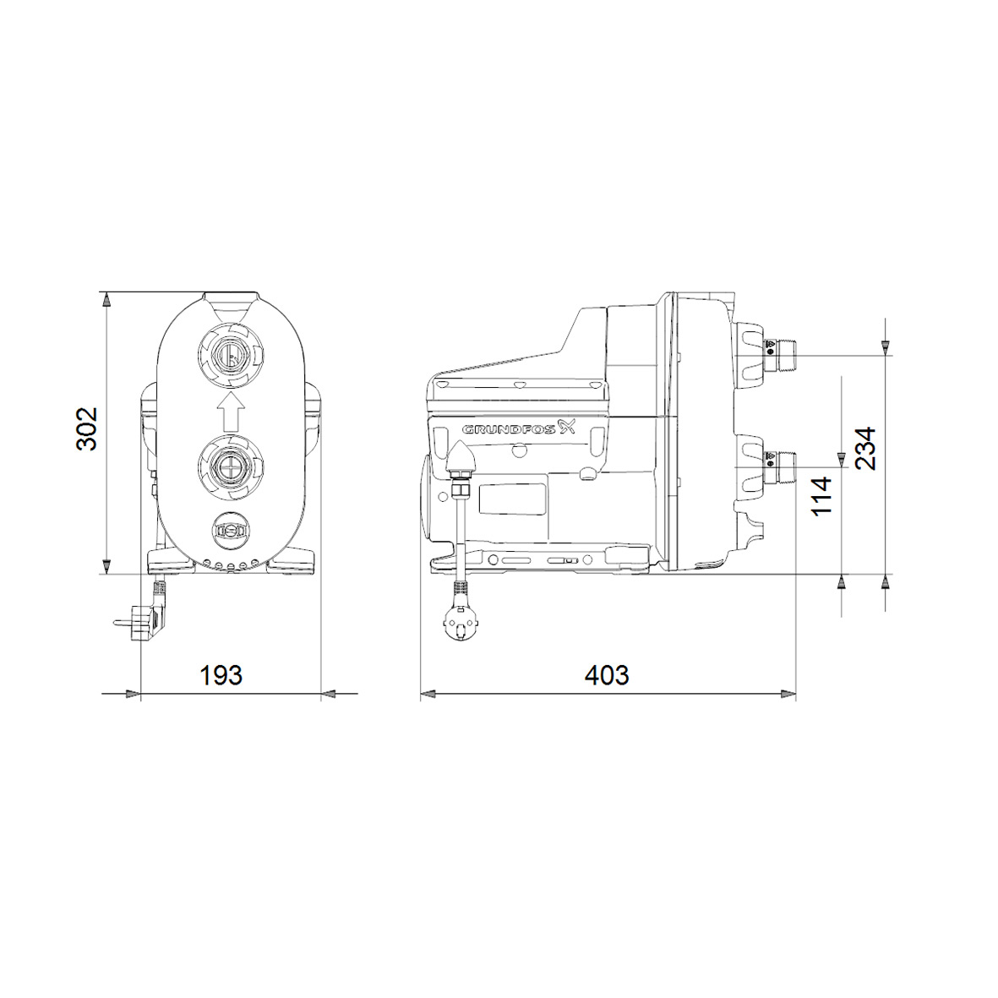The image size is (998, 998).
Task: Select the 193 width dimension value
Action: point(221,675)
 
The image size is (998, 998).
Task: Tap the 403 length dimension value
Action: point(607,675)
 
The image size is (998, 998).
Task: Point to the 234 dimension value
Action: point(864,448)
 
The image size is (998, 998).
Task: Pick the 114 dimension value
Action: point(821,496)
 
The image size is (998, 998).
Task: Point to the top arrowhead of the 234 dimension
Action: point(885,345)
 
